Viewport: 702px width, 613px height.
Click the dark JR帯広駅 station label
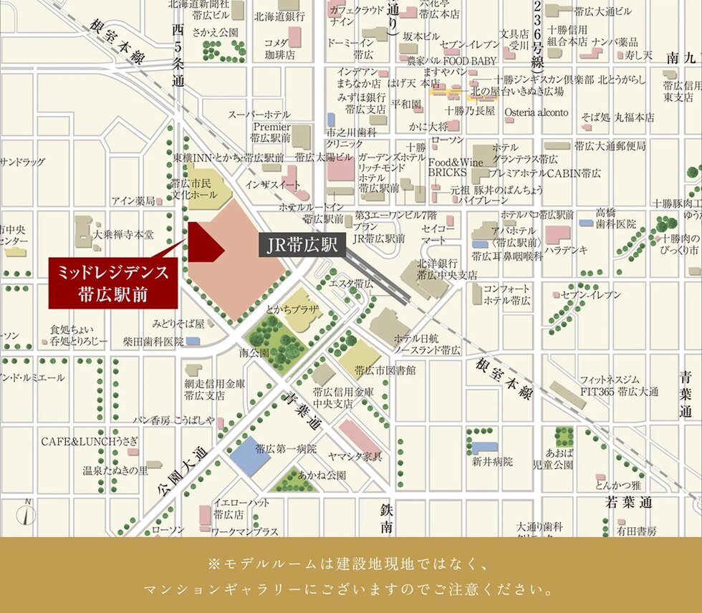(x=302, y=246)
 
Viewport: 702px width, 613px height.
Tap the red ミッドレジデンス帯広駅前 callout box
(x=112, y=284)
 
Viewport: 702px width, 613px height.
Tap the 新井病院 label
(x=492, y=462)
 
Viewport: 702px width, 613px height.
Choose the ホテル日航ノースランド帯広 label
(x=427, y=344)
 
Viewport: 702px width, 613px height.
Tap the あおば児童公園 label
(x=559, y=459)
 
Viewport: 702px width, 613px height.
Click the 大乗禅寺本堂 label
(x=122, y=234)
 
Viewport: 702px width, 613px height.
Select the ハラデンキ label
(x=565, y=250)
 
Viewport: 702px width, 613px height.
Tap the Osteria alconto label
(x=536, y=112)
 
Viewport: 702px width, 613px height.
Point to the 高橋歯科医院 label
(x=615, y=218)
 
